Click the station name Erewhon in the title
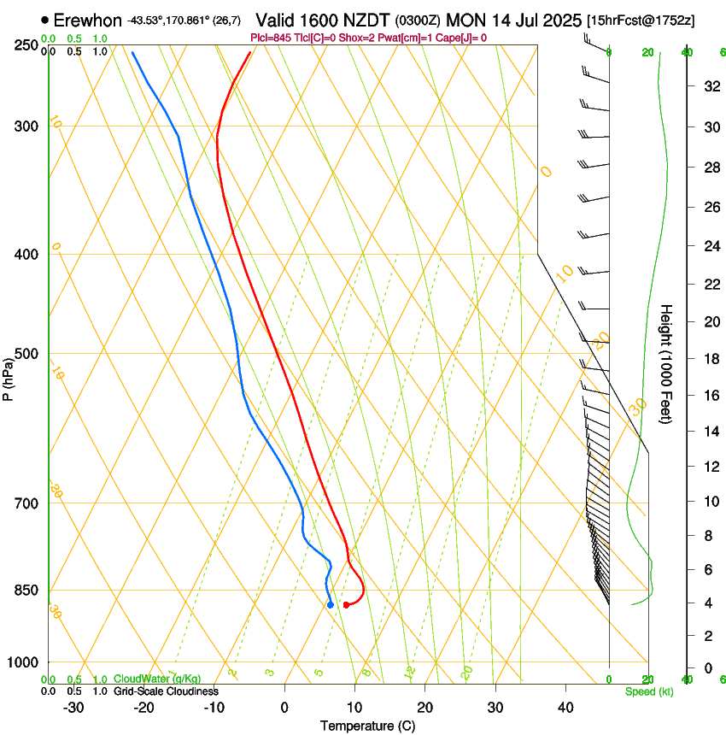pos(88,20)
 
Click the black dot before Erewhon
pos(45,20)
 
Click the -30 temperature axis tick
pos(73,707)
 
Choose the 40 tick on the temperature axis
pos(565,707)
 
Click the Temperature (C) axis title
pos(367,726)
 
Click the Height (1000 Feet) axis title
pos(667,364)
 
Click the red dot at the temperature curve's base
pos(346,604)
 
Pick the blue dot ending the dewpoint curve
pos(330,605)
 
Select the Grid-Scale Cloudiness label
pos(166,691)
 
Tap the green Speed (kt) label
pos(648,691)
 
